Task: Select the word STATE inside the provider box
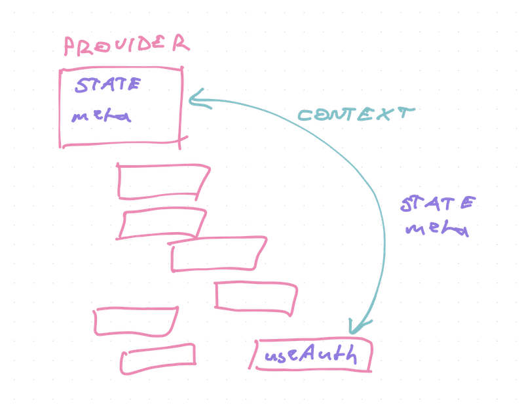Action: click(106, 87)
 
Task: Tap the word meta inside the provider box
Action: click(101, 118)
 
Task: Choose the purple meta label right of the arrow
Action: click(437, 231)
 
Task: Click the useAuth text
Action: click(312, 357)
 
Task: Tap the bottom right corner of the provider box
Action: click(181, 139)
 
